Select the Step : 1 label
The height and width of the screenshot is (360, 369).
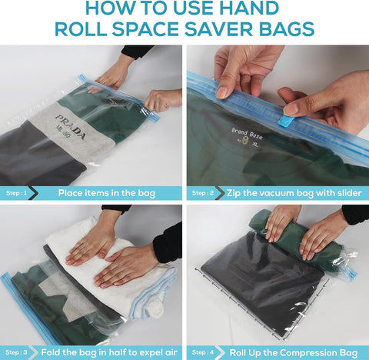(x=16, y=193)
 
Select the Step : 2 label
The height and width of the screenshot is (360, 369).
(x=203, y=193)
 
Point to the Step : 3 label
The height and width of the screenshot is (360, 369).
(x=16, y=352)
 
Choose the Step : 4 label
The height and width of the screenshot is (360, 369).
(x=203, y=352)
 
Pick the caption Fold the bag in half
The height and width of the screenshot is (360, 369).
(x=106, y=352)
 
